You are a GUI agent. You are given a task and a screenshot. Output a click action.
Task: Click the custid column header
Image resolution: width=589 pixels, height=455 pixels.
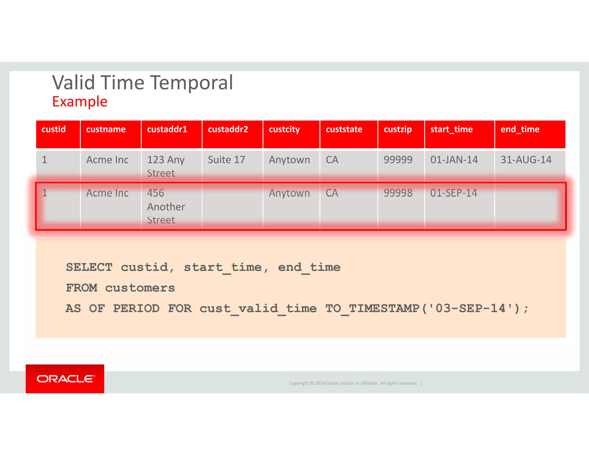click(54, 129)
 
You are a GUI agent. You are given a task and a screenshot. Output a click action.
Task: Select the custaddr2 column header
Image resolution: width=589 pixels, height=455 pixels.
click(228, 129)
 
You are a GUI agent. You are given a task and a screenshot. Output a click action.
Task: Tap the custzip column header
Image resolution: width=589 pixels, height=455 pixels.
click(397, 129)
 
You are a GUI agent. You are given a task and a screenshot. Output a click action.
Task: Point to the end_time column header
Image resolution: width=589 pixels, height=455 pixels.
click(520, 129)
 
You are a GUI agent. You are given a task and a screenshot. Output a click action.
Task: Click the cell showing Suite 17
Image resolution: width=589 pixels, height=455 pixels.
click(226, 160)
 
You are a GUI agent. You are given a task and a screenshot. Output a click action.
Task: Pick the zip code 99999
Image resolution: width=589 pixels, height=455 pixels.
click(398, 160)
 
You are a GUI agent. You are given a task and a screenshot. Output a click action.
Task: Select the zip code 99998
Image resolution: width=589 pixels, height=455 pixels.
click(398, 193)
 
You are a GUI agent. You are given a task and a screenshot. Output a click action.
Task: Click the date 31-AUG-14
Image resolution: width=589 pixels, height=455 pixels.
click(526, 160)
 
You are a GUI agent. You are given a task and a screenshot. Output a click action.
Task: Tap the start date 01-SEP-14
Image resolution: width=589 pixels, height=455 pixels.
click(454, 193)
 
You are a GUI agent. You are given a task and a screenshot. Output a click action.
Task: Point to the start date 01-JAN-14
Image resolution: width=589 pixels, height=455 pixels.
click(454, 160)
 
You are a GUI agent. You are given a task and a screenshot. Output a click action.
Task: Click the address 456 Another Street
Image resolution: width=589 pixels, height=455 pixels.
click(166, 207)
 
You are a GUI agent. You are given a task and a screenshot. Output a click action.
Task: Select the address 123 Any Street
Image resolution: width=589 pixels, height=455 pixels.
click(165, 166)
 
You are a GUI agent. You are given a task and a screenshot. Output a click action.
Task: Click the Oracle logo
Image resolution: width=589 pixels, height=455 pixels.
click(65, 379)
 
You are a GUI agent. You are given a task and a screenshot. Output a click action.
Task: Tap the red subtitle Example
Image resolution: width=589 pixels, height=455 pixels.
click(80, 102)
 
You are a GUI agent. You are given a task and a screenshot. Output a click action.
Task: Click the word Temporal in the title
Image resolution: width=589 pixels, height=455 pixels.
click(192, 83)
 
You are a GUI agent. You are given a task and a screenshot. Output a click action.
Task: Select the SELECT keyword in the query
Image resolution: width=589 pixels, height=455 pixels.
click(89, 267)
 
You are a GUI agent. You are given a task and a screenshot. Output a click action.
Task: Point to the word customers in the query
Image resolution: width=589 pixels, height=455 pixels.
click(140, 288)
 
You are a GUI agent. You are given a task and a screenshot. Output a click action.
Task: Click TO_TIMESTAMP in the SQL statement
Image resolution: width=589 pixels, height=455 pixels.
click(372, 309)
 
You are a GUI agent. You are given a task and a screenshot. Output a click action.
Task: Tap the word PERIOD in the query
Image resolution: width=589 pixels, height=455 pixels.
click(136, 309)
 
